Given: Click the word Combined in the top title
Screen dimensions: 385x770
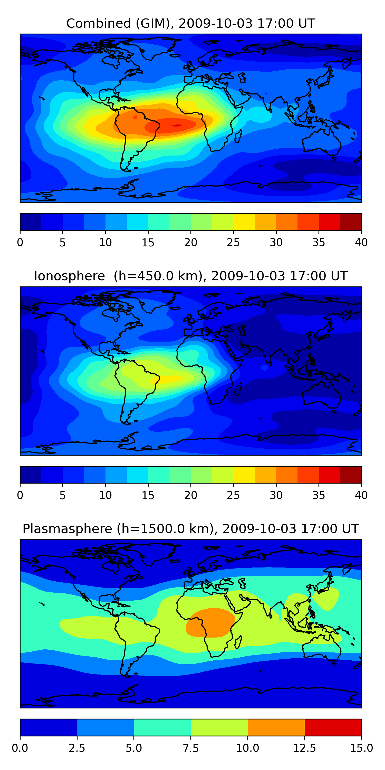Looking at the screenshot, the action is click(99, 23).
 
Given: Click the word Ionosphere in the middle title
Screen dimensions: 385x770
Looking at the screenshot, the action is click(69, 276).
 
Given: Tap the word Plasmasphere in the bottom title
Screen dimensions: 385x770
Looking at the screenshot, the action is click(67, 529).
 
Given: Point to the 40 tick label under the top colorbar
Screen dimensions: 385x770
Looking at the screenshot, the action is click(361, 242).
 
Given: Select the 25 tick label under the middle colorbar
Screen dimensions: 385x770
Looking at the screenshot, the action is click(233, 495).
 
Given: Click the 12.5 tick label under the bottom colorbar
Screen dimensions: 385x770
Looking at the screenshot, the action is click(304, 748).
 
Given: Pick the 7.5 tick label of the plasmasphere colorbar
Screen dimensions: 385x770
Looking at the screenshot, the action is click(190, 748).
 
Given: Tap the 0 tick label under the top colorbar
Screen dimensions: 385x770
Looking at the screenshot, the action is click(20, 242).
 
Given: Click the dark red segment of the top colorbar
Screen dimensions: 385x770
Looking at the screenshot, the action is click(351, 222).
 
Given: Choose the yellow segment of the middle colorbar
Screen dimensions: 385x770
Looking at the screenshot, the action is click(244, 475).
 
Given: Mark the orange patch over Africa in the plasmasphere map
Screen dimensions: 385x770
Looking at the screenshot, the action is click(210, 623).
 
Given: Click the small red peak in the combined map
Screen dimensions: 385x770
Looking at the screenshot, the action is click(177, 126).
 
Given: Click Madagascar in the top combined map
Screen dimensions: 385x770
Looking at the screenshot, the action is click(238, 137).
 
